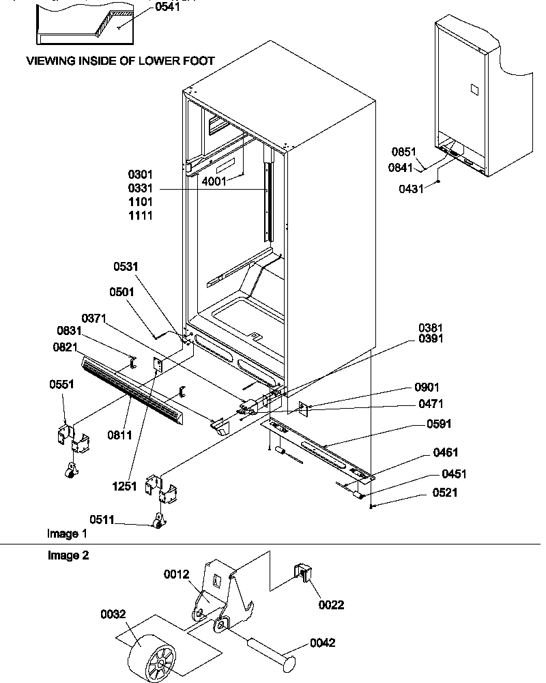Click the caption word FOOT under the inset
(x=199, y=61)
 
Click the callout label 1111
(x=141, y=216)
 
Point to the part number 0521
(x=444, y=493)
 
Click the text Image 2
(x=68, y=555)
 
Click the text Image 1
(x=67, y=533)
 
